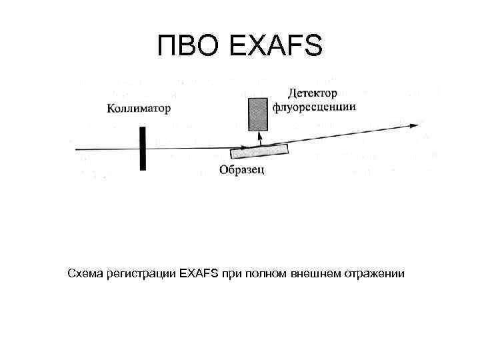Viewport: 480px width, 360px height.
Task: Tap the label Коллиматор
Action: coord(139,108)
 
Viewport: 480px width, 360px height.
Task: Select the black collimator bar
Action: coord(142,149)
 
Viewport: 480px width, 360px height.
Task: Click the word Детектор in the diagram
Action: coord(313,92)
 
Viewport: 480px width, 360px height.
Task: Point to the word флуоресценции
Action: coord(314,107)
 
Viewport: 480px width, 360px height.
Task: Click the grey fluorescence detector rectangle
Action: coord(257,114)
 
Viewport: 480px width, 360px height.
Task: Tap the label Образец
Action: coord(242,169)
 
